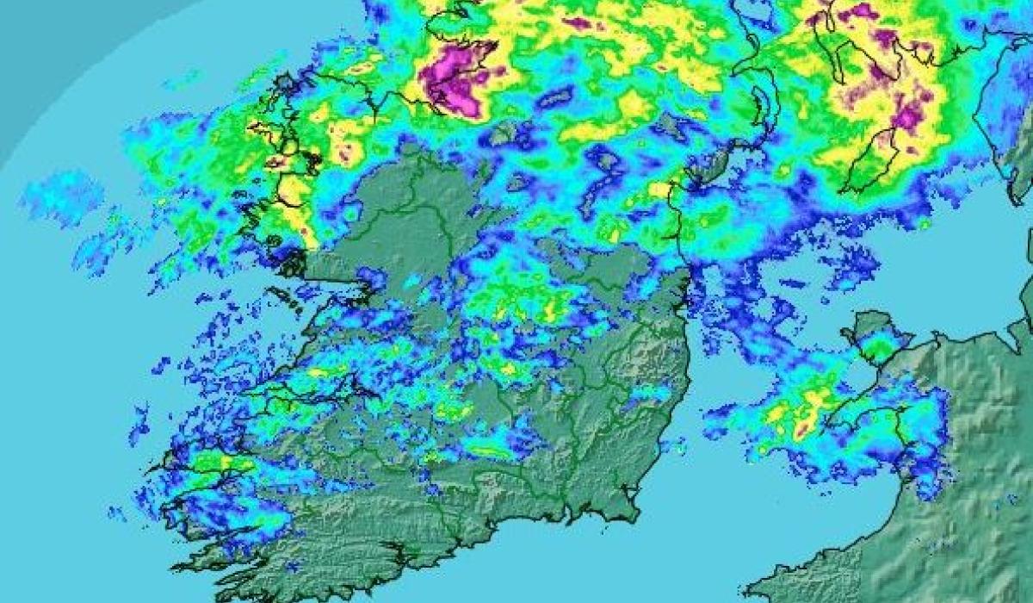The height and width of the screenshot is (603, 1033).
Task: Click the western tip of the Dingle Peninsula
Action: tap(155, 470)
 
